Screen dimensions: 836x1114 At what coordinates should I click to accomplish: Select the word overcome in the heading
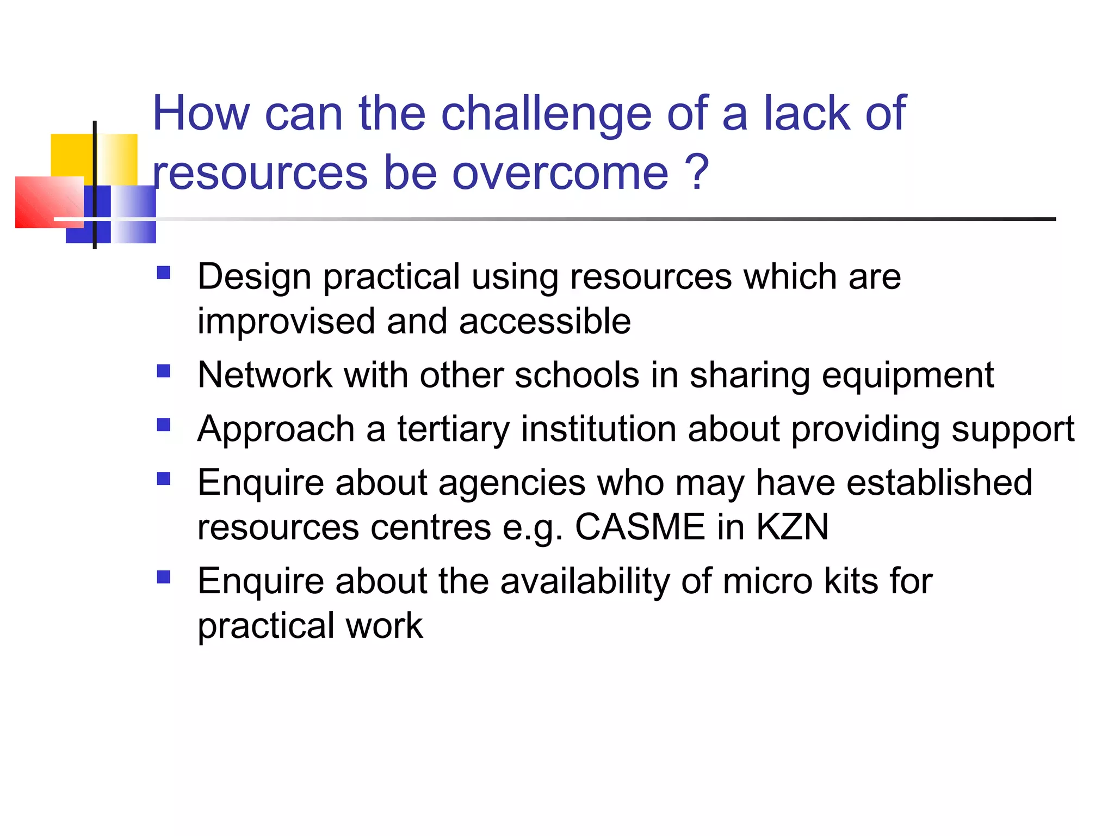560,173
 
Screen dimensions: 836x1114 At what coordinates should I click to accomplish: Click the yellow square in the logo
72,155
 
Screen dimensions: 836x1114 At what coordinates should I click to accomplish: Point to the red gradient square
49,201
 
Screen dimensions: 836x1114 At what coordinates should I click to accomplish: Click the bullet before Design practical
163,272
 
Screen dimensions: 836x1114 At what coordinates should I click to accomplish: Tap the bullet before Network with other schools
163,371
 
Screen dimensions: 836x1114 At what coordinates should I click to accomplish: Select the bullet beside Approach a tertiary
163,425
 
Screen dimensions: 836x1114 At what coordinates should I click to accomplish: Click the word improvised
286,321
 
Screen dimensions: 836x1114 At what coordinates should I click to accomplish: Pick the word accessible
544,321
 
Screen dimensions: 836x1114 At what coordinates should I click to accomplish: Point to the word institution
598,429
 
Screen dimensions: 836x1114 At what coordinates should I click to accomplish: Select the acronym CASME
640,527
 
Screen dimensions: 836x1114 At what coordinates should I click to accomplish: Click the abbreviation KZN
792,527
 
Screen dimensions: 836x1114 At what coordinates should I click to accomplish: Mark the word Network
265,376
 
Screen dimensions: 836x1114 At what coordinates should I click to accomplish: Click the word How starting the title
201,114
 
